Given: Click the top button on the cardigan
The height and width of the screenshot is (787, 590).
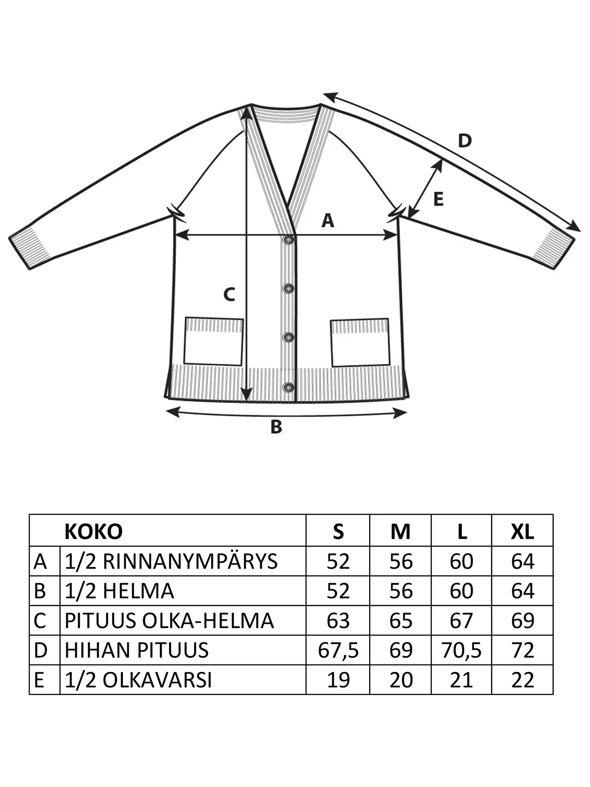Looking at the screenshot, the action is (289, 240).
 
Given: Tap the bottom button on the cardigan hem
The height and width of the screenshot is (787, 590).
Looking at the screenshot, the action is (289, 387).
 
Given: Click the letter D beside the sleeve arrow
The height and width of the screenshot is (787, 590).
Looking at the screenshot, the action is (465, 141).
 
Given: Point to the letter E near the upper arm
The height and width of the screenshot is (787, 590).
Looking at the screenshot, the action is (439, 199).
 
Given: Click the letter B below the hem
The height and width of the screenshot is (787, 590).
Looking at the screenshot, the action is (276, 427).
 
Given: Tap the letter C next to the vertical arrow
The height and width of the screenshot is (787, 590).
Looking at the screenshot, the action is (229, 294).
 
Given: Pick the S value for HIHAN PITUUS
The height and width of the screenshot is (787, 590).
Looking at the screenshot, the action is (338, 650).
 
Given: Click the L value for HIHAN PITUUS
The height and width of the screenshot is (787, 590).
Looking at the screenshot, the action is (461, 650).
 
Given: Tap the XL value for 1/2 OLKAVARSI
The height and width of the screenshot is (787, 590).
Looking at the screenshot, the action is (523, 680).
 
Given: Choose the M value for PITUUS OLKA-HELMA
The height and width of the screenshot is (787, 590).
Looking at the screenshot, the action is (401, 621).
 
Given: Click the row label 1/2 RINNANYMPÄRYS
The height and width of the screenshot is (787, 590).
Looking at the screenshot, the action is (171, 562).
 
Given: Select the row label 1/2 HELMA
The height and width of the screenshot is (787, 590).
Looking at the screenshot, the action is (119, 591).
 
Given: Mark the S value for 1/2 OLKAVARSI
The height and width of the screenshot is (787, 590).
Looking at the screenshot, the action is (338, 680).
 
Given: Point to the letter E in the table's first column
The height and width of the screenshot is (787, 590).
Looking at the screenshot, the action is (39, 680).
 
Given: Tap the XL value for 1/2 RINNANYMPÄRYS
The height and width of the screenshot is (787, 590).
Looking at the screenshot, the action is (523, 562).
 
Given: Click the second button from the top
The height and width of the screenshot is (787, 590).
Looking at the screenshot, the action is (289, 288).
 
